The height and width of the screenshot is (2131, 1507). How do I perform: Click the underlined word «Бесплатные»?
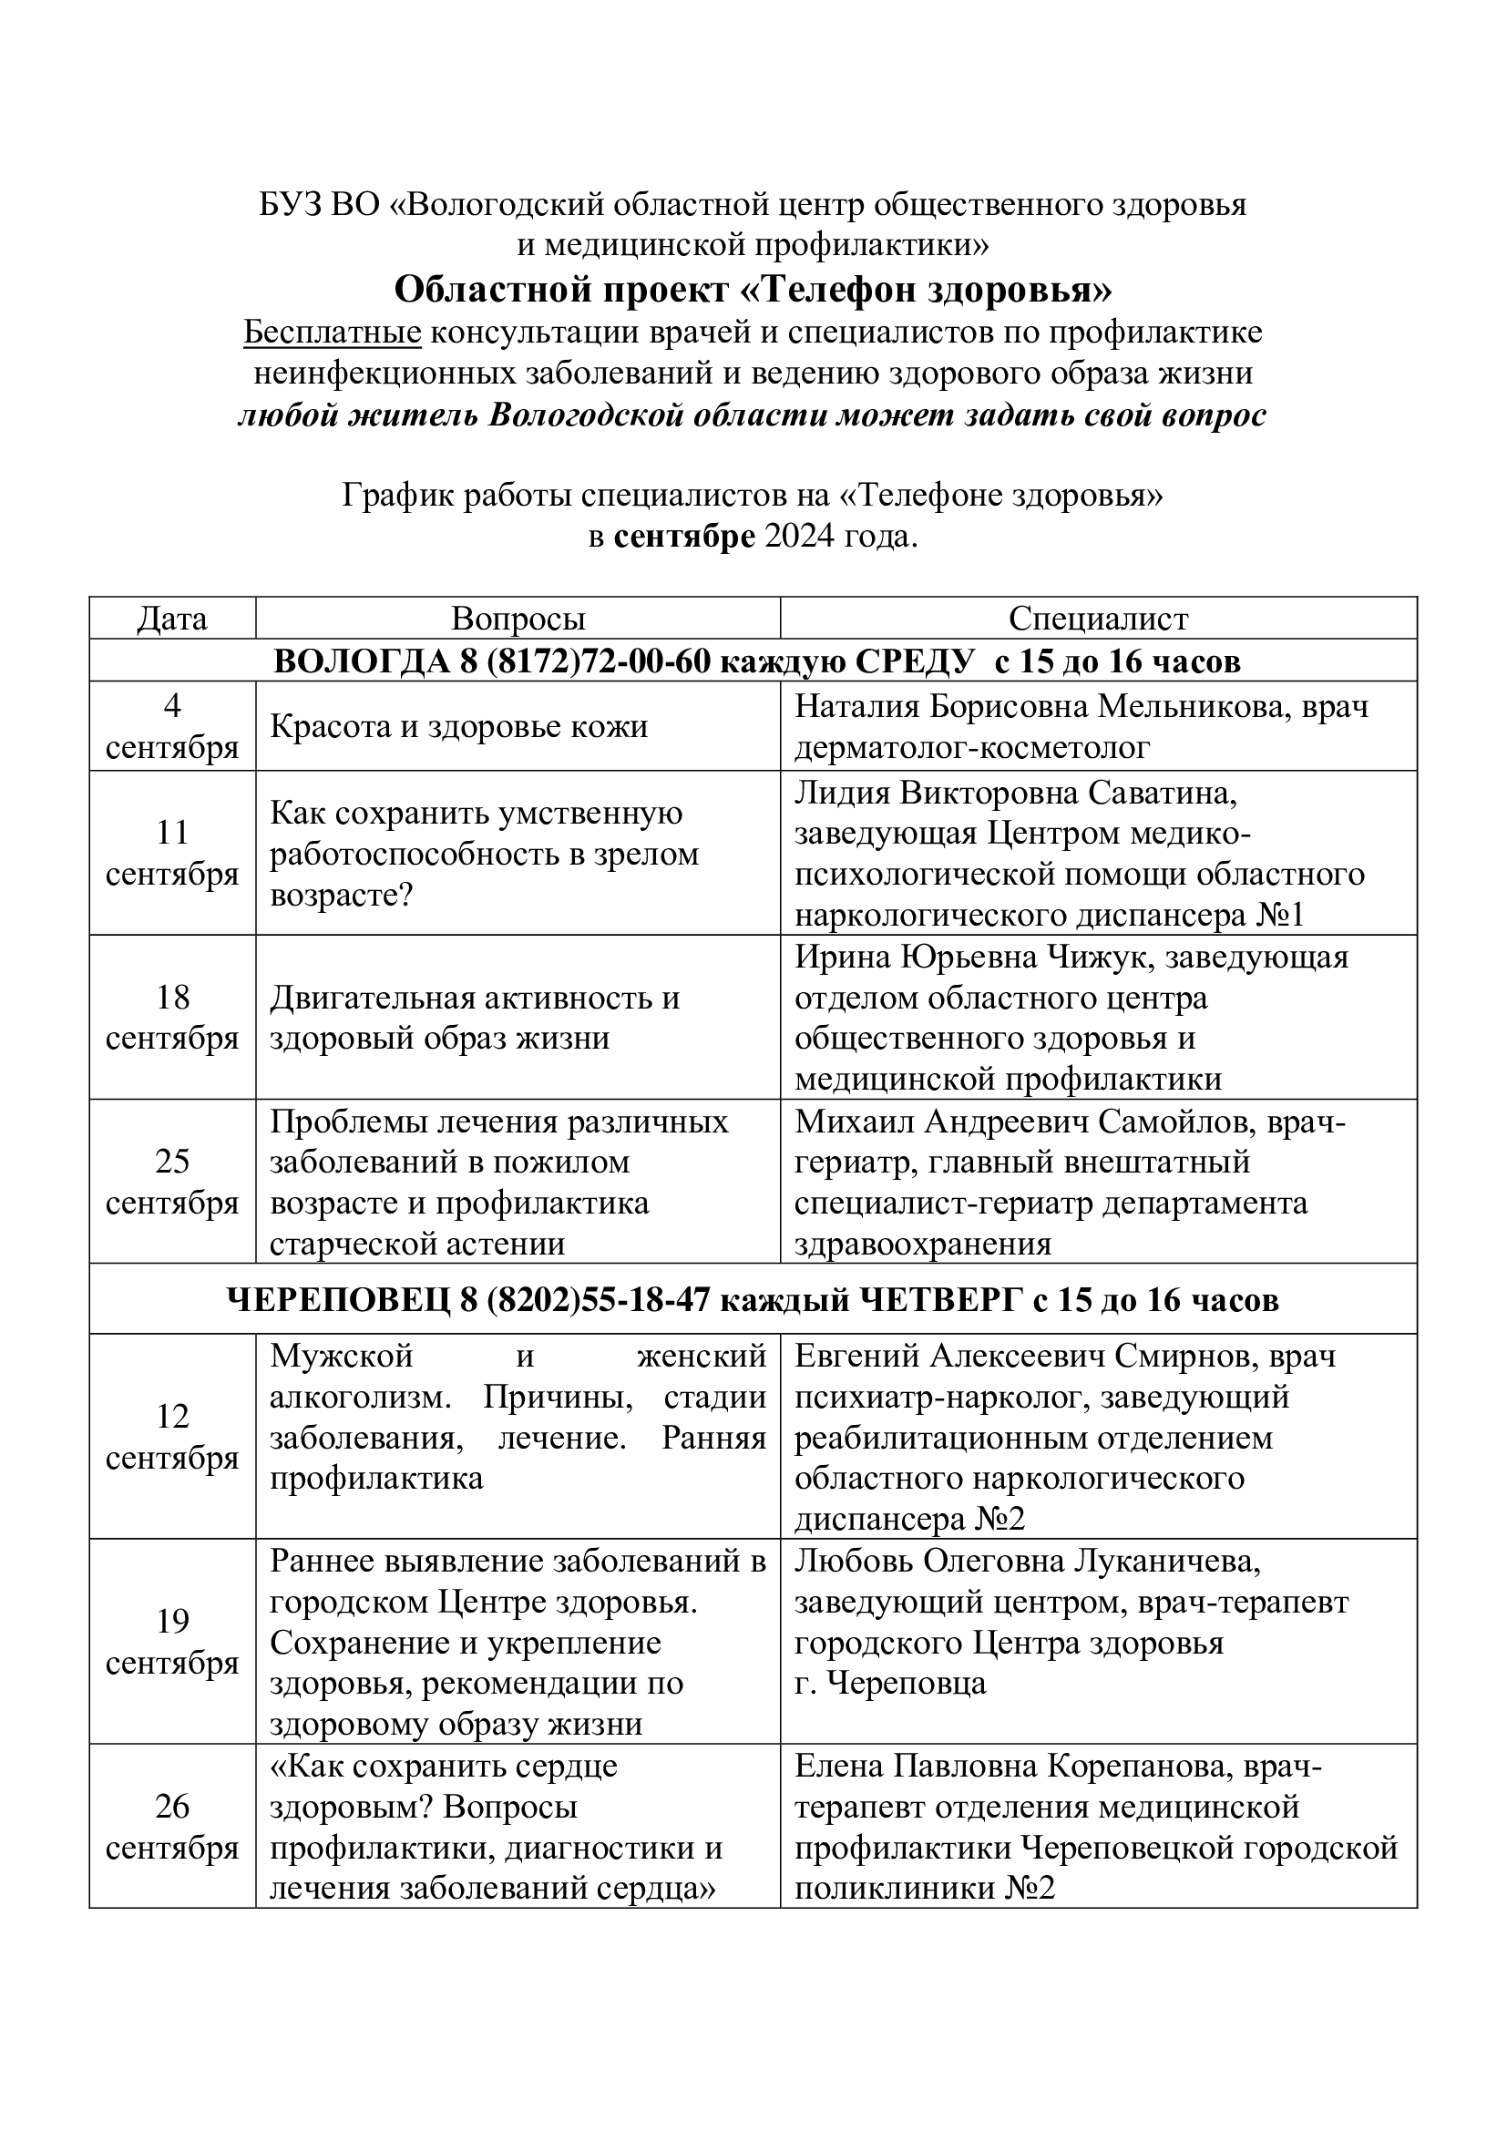click(x=333, y=333)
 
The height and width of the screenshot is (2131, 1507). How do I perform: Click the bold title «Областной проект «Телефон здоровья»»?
click(x=753, y=290)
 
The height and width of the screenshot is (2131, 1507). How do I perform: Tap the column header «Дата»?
click(x=172, y=619)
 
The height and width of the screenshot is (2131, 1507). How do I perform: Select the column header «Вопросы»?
click(x=518, y=619)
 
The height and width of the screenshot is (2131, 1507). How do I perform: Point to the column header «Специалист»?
click(x=1098, y=619)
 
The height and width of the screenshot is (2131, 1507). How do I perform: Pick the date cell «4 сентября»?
click(x=172, y=727)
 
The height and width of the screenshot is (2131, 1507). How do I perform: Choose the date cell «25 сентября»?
click(x=172, y=1182)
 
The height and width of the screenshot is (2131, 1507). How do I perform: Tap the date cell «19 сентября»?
click(x=172, y=1642)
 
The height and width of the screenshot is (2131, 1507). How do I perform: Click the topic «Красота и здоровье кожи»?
click(x=458, y=726)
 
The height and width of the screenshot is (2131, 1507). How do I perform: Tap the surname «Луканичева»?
click(x=1165, y=1562)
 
